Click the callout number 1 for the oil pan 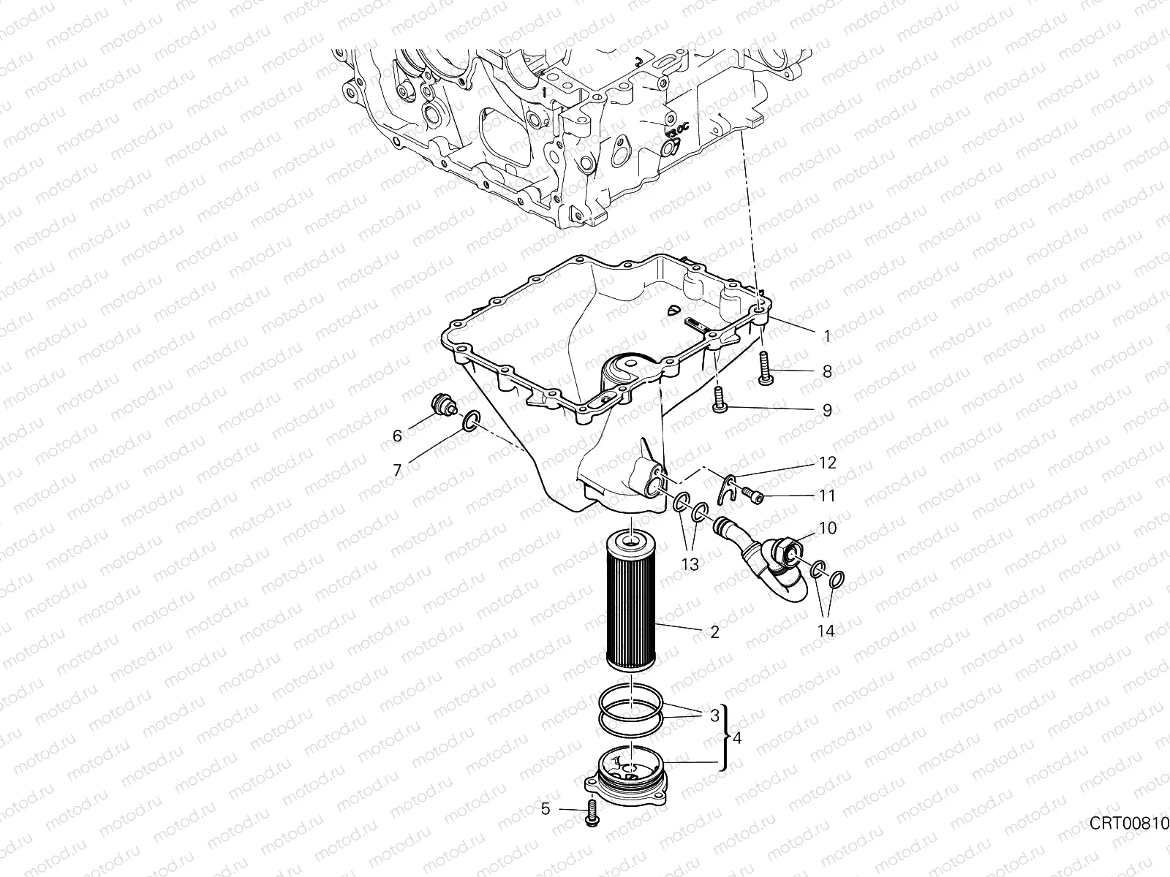pyautogui.click(x=827, y=336)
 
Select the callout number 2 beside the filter pyautogui.click(x=715, y=633)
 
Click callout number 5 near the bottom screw pyautogui.click(x=546, y=809)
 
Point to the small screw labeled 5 pyautogui.click(x=592, y=814)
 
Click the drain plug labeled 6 pyautogui.click(x=442, y=406)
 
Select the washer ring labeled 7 pyautogui.click(x=469, y=422)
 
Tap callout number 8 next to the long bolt pyautogui.click(x=827, y=372)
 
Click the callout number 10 pyautogui.click(x=827, y=528)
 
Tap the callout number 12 pyautogui.click(x=827, y=463)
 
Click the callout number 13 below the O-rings pyautogui.click(x=690, y=564)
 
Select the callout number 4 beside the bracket pyautogui.click(x=737, y=739)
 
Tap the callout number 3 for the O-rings pyautogui.click(x=714, y=716)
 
